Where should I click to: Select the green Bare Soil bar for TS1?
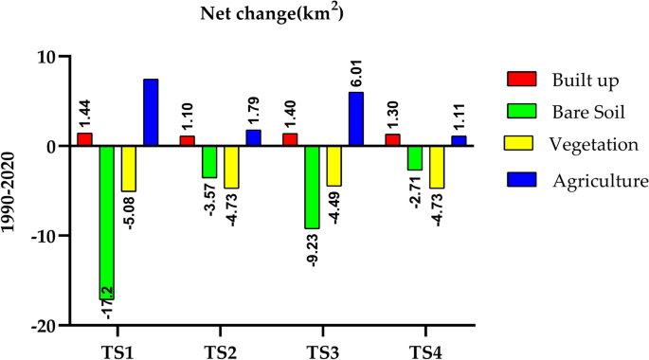[106, 222]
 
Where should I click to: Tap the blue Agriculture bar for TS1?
[151, 112]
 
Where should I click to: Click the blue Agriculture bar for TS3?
[355, 118]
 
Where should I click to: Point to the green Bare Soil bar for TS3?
[312, 187]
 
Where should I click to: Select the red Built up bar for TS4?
[393, 140]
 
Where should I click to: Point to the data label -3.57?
[210, 198]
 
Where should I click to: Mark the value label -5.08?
[129, 211]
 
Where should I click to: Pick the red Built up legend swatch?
[521, 77]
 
